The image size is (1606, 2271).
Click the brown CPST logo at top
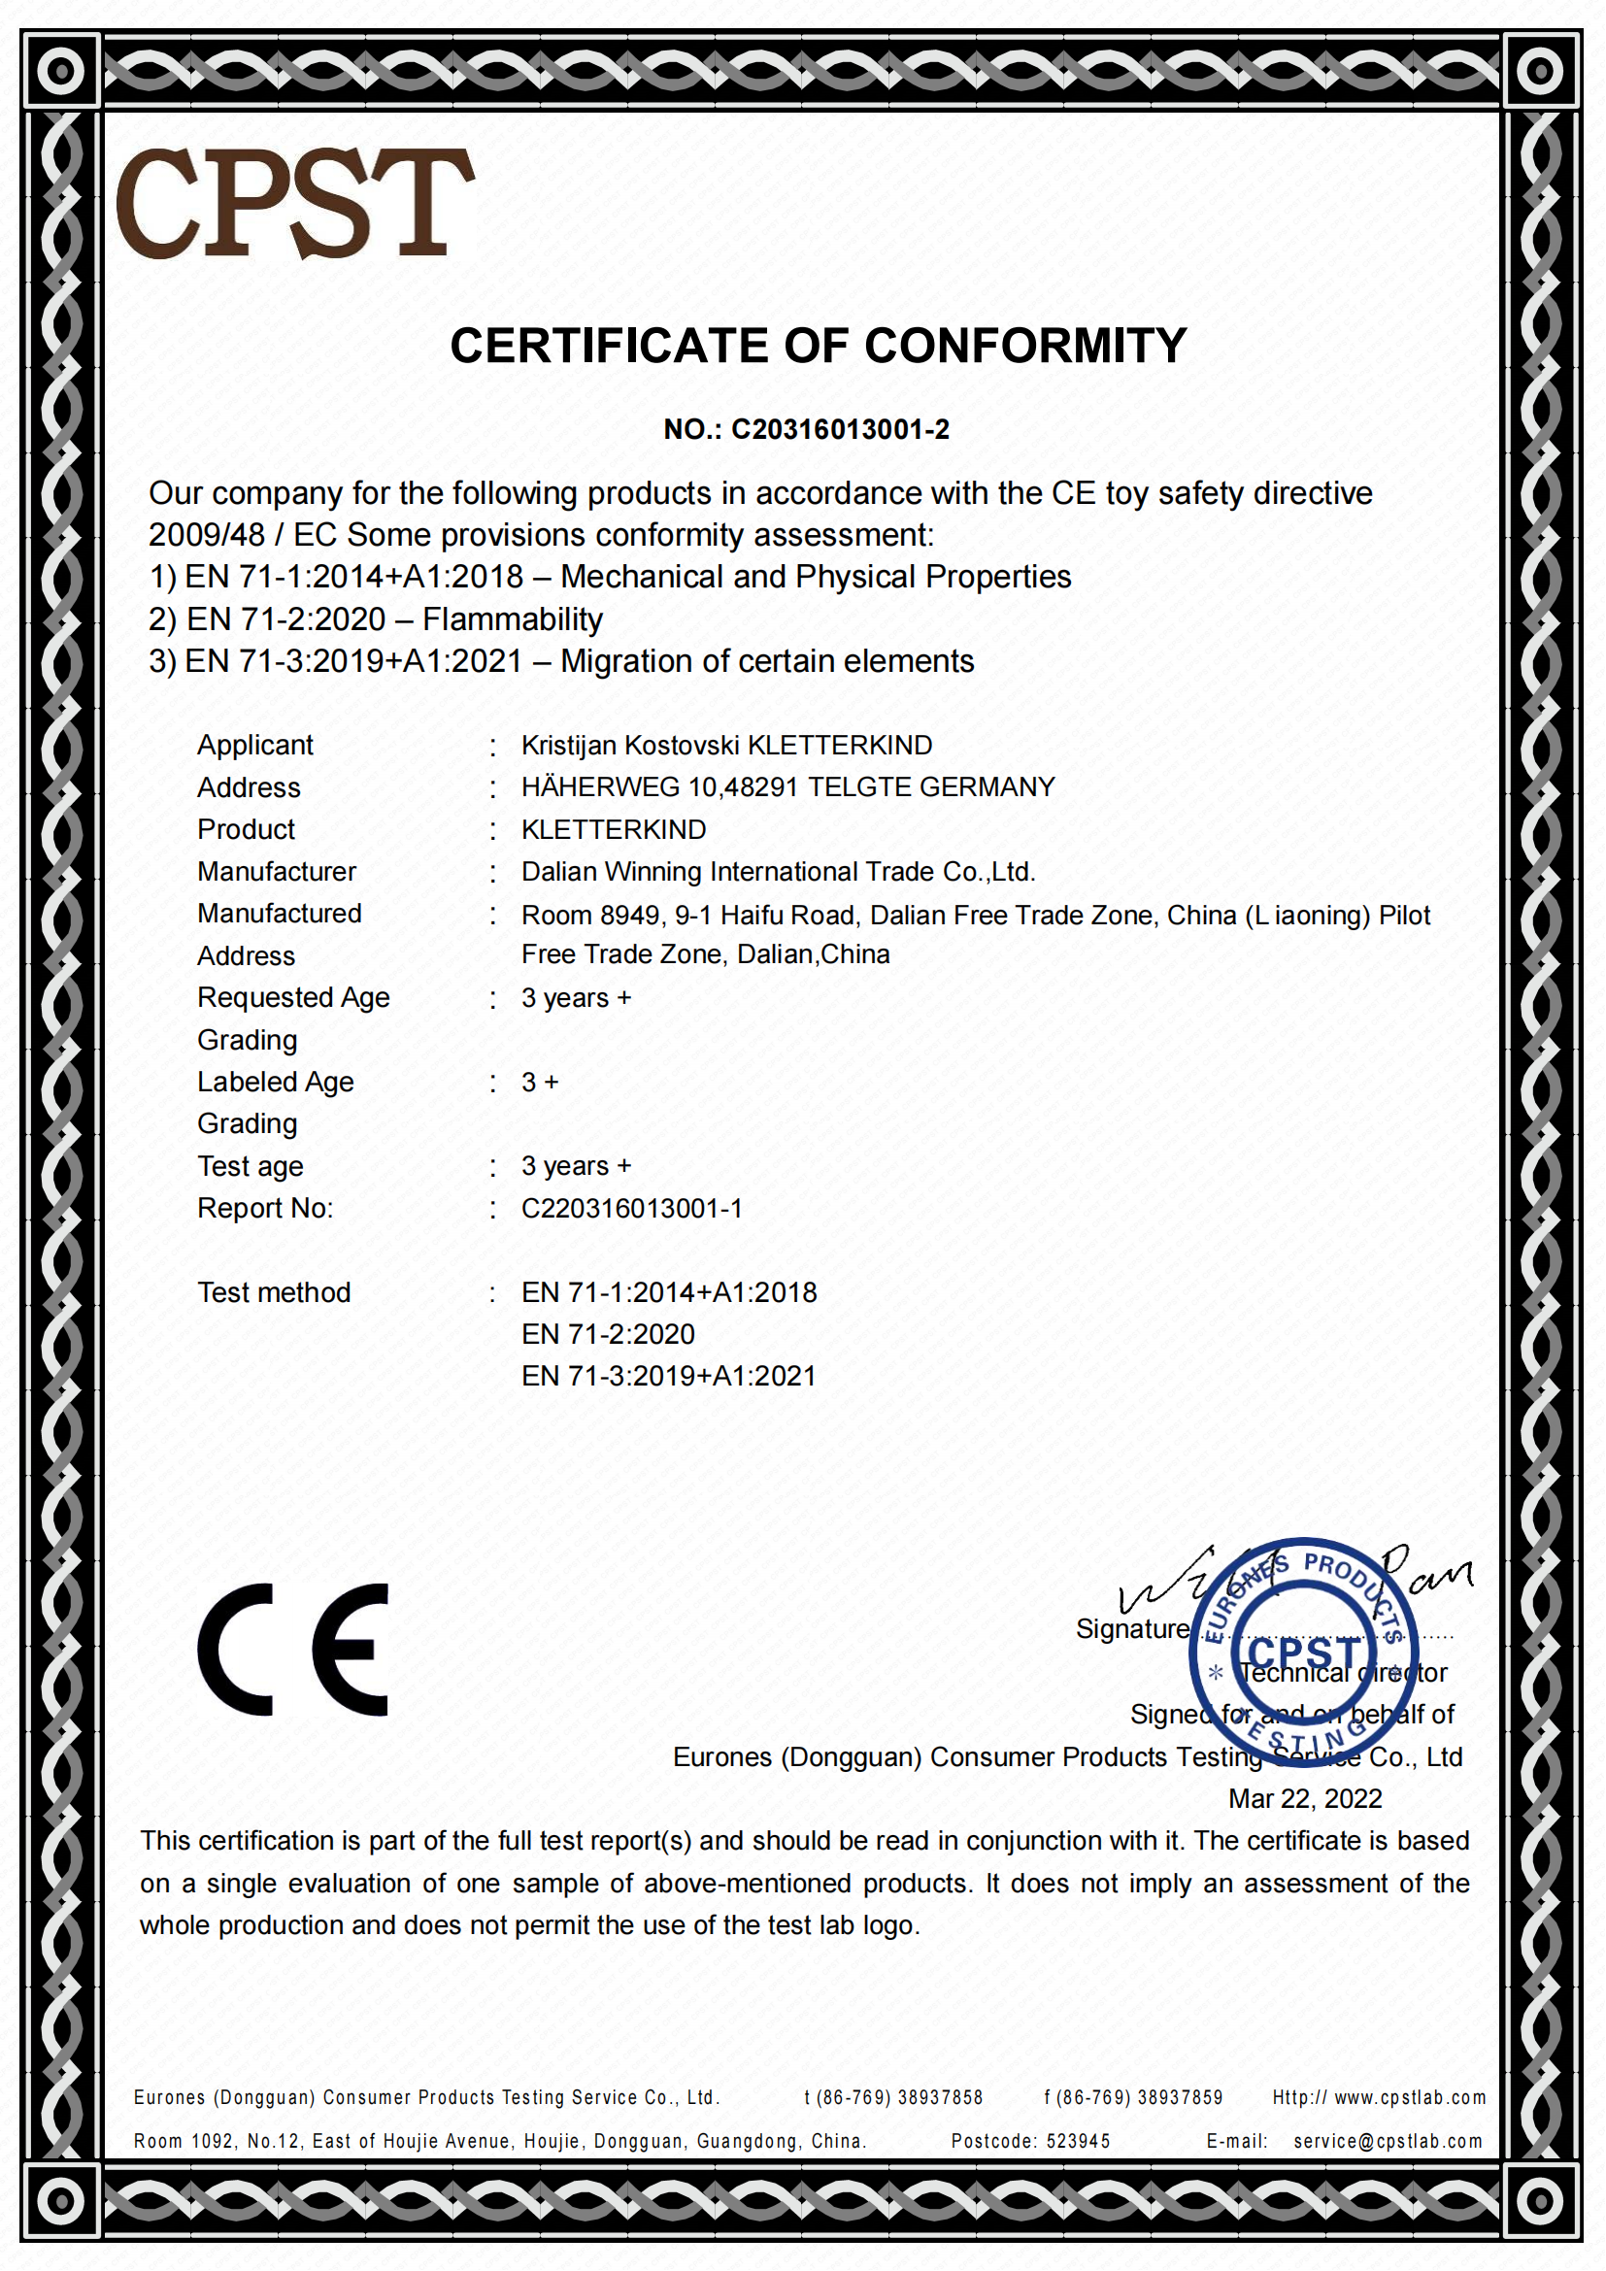pyautogui.click(x=295, y=203)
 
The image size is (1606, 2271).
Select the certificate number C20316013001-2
pyautogui.click(x=840, y=429)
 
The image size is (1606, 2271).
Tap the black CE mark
pyautogui.click(x=293, y=1649)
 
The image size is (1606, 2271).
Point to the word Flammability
pyautogui.click(x=513, y=619)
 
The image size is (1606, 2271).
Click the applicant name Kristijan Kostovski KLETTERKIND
pyautogui.click(x=727, y=745)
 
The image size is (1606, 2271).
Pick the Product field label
pyautogui.click(x=247, y=829)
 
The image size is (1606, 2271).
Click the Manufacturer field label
pyautogui.click(x=277, y=871)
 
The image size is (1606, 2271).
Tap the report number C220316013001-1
pyautogui.click(x=632, y=1208)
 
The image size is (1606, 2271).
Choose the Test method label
pyautogui.click(x=274, y=1291)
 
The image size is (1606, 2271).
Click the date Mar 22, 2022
pyautogui.click(x=1304, y=1798)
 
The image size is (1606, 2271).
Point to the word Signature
pyautogui.click(x=1132, y=1628)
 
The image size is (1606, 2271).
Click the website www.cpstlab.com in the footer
pyautogui.click(x=1409, y=2097)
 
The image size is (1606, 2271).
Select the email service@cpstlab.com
pyautogui.click(x=1388, y=2142)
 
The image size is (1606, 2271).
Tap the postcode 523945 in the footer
pyautogui.click(x=1078, y=2142)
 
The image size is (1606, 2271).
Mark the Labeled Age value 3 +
pyautogui.click(x=540, y=1082)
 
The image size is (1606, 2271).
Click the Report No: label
pyautogui.click(x=265, y=1208)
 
